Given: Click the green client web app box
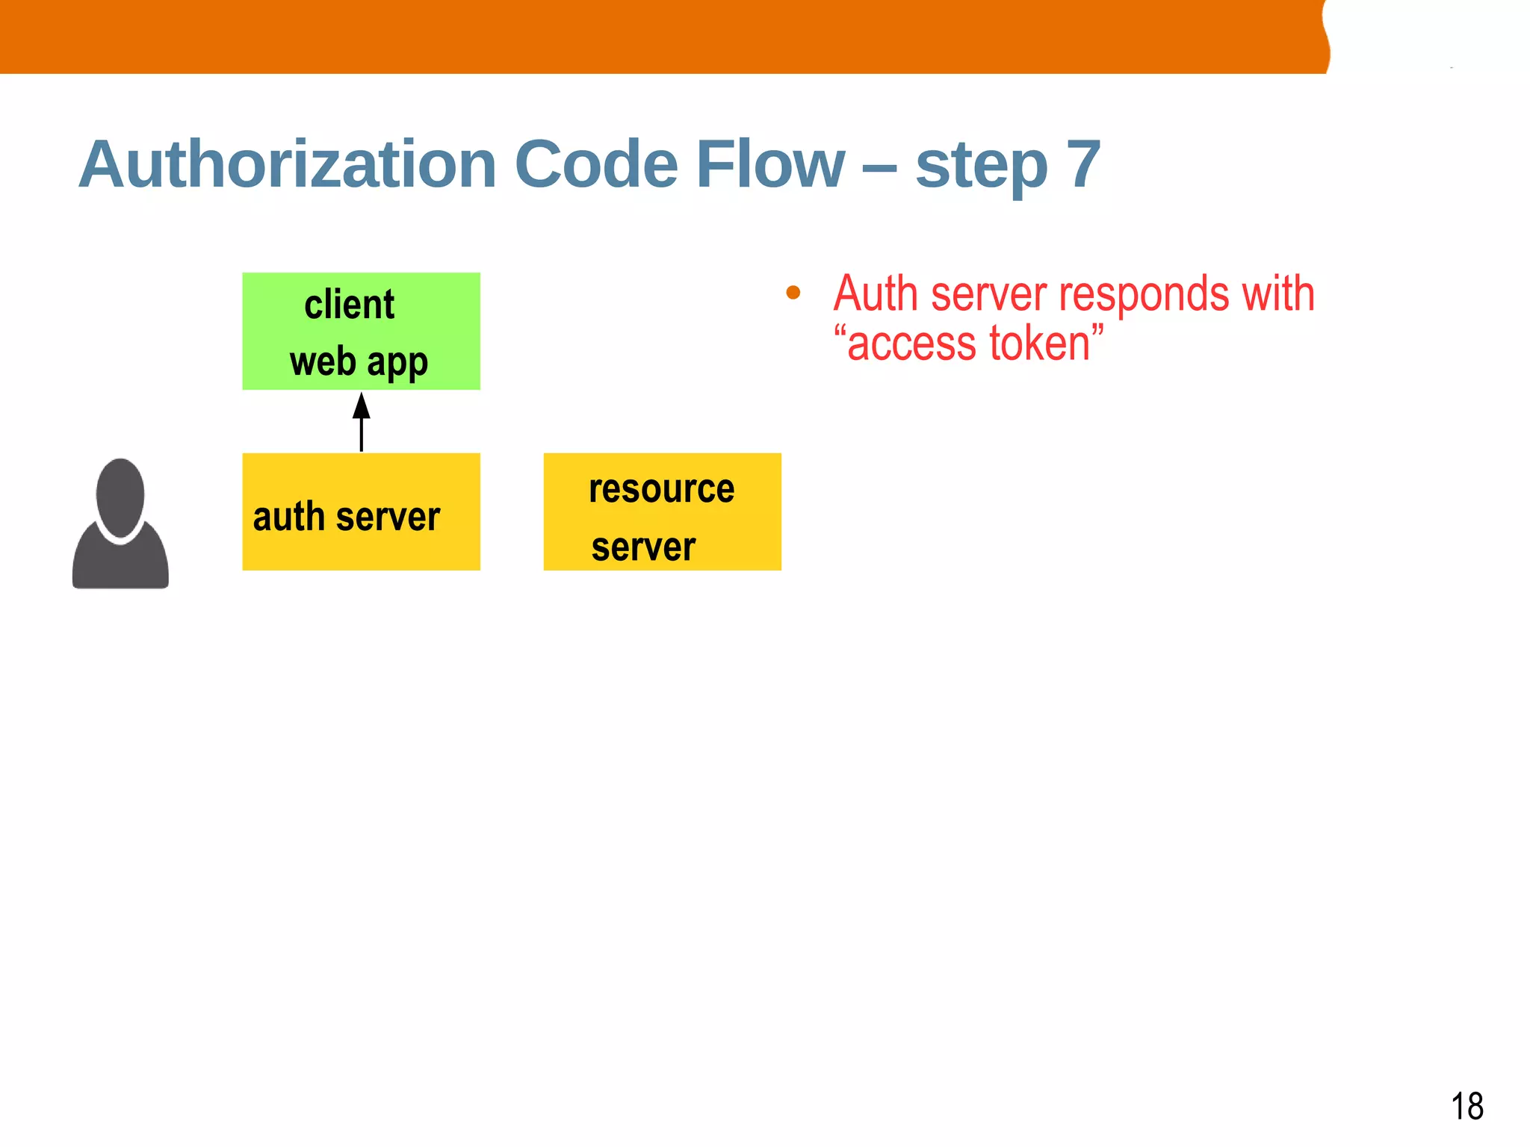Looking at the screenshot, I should click(361, 331).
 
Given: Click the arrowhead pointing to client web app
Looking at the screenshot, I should click(362, 406).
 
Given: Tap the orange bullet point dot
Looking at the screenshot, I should click(793, 293).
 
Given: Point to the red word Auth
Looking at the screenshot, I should click(875, 293).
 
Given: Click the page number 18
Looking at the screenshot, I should click(1466, 1106).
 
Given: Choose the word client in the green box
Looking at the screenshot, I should click(349, 305).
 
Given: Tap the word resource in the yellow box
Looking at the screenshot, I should click(661, 489).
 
